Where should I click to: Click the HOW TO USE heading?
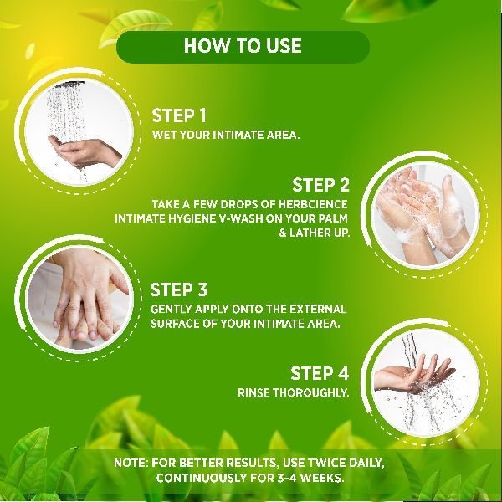pyautogui.click(x=243, y=45)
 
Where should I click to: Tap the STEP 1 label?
pyautogui.click(x=179, y=115)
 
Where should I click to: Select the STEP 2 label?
pyautogui.click(x=320, y=185)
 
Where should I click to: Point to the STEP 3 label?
pyautogui.click(x=179, y=289)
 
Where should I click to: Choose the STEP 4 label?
pyautogui.click(x=320, y=373)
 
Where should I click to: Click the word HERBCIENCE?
pyautogui.click(x=312, y=204)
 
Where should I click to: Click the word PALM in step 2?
pyautogui.click(x=333, y=218)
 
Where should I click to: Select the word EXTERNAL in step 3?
pyautogui.click(x=318, y=309)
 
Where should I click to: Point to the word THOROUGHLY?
pyautogui.click(x=310, y=392)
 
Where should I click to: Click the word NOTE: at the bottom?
pyautogui.click(x=131, y=463)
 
